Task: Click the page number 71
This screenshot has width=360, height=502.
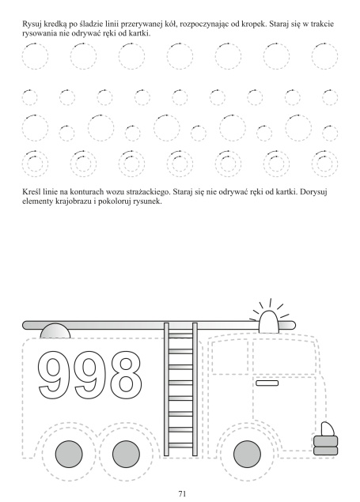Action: [182, 493]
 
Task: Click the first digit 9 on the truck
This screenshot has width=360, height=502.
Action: [55, 375]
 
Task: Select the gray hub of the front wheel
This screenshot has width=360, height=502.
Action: [247, 454]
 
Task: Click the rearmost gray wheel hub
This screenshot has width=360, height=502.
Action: [69, 454]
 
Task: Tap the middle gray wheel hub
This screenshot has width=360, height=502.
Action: [126, 454]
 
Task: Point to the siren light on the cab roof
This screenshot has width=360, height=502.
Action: [268, 321]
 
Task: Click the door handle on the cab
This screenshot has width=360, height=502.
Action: [267, 383]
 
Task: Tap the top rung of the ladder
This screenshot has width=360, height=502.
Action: [180, 335]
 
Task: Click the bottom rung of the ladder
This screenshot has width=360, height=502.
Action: [180, 445]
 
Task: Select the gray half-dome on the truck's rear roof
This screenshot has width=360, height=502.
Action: [55, 330]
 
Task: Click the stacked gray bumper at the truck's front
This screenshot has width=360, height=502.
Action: [325, 445]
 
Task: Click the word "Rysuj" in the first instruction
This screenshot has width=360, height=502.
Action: [30, 25]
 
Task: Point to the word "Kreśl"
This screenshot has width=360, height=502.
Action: [30, 192]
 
